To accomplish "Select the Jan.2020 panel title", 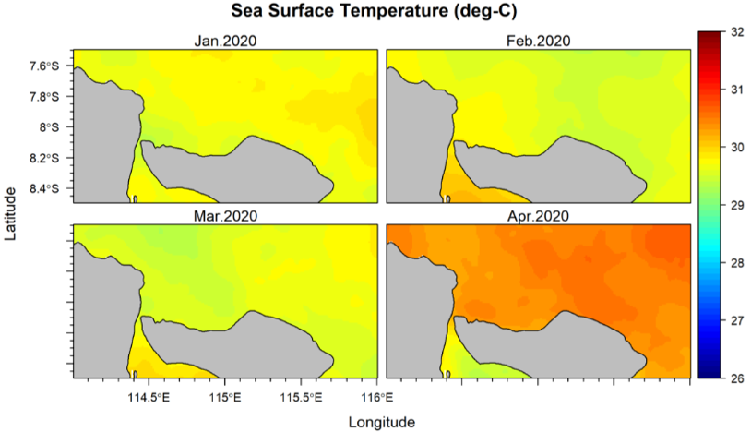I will tap(225, 41).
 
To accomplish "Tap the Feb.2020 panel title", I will tap(538, 41).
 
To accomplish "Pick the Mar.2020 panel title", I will tap(225, 216).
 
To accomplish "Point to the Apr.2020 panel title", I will tap(538, 216).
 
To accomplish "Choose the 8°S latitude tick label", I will tap(50, 126).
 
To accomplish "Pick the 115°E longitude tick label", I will tap(224, 398).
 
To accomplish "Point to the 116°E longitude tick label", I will tap(376, 398).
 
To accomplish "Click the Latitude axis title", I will tap(11, 213).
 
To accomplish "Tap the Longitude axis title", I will tap(381, 422).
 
